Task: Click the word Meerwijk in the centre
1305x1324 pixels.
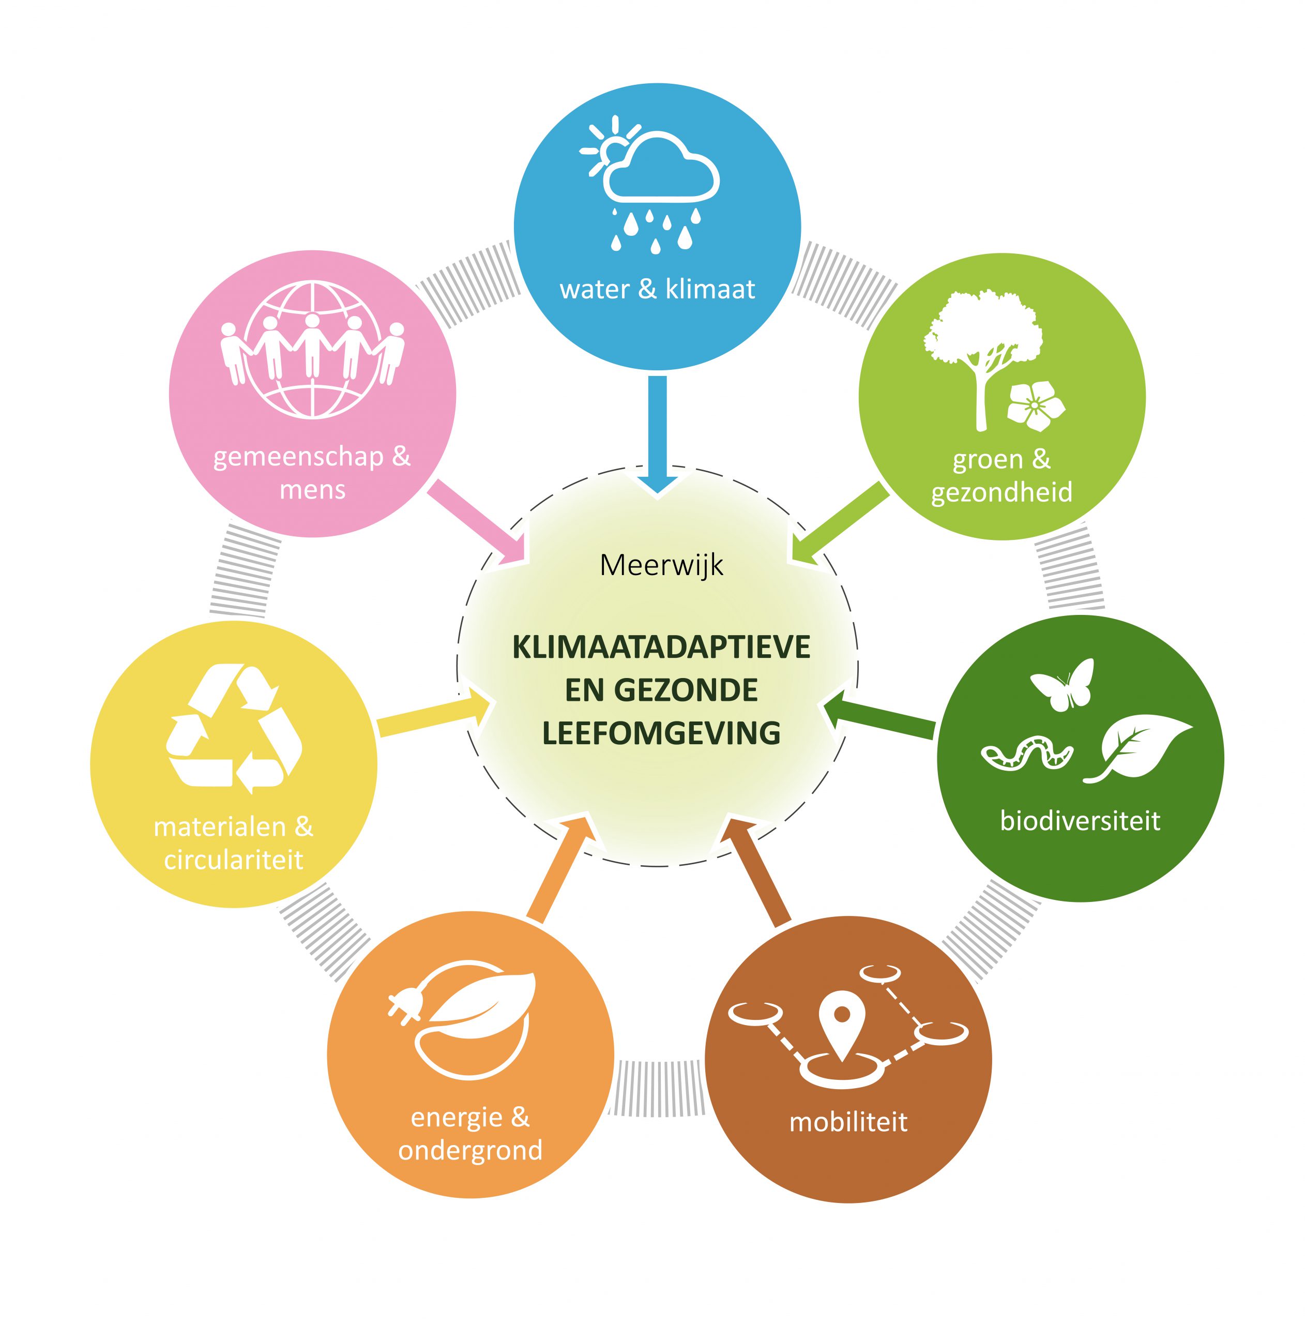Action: [661, 565]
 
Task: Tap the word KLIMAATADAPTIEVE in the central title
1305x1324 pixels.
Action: [661, 647]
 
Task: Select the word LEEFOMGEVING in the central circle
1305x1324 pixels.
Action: [661, 732]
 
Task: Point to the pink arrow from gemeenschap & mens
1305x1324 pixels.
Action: [478, 521]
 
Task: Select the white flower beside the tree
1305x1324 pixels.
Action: [1036, 405]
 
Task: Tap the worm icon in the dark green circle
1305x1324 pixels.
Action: [1026, 753]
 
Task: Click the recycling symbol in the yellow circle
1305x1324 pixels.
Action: [234, 729]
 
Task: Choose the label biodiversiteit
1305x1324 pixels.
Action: [1080, 820]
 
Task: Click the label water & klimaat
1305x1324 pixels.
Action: [657, 289]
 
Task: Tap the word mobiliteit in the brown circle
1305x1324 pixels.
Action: [848, 1122]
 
